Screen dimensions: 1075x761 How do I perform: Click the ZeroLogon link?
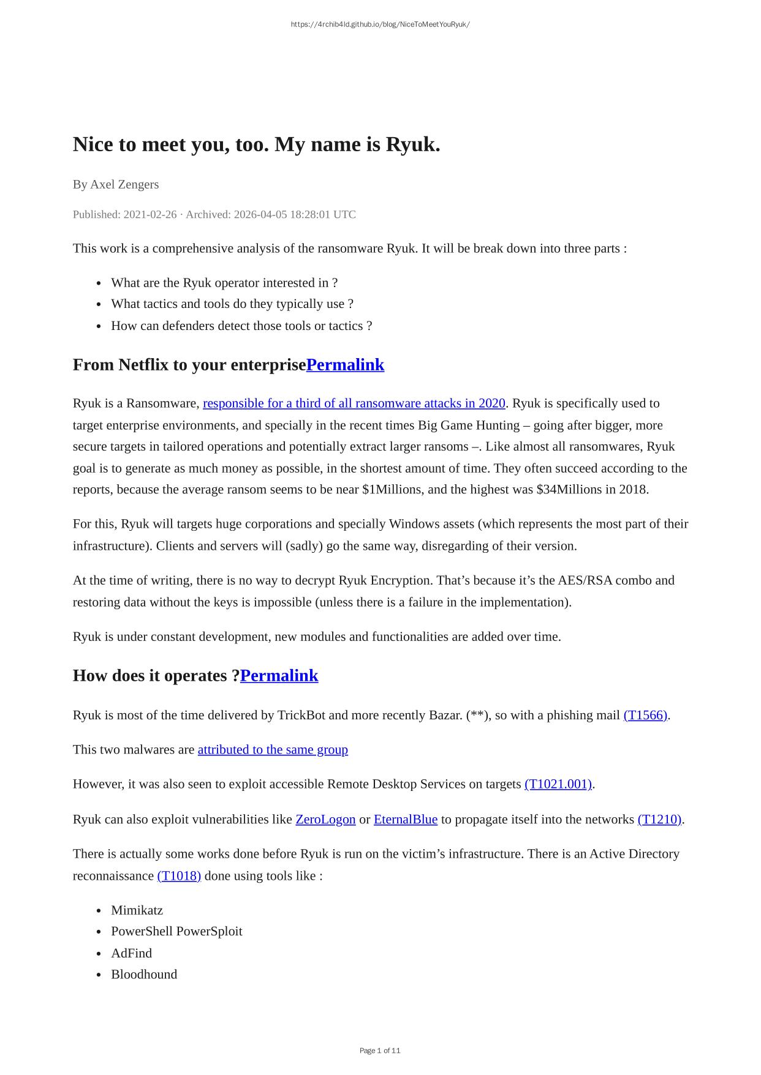[x=325, y=819]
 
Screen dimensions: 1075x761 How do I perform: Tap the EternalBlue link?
[x=406, y=819]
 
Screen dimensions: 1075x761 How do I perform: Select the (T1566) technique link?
[x=645, y=715]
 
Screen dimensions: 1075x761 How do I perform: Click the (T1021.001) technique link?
[x=558, y=784]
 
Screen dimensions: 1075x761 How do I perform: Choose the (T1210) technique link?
[x=659, y=819]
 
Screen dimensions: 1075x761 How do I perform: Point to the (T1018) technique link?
[x=179, y=875]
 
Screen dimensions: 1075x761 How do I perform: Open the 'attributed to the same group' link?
[x=273, y=749]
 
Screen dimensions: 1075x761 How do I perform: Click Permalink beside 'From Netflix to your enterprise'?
[x=345, y=365]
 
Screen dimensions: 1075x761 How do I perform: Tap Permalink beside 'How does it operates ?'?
[x=279, y=676]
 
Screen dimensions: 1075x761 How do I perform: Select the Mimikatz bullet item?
[x=137, y=910]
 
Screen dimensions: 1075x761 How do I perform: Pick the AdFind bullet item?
[x=131, y=953]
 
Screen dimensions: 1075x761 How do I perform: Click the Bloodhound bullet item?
[x=144, y=975]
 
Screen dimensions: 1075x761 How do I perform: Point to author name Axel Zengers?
[x=124, y=184]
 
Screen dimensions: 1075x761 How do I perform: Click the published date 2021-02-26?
[x=150, y=214]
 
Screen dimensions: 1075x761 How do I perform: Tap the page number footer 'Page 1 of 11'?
[x=380, y=1051]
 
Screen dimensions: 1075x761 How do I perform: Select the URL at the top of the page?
[x=380, y=24]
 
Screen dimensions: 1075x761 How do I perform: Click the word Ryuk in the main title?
[x=412, y=145]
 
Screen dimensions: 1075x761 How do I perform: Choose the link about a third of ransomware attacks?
[x=354, y=403]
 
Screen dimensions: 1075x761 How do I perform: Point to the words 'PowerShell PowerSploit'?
[x=176, y=931]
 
